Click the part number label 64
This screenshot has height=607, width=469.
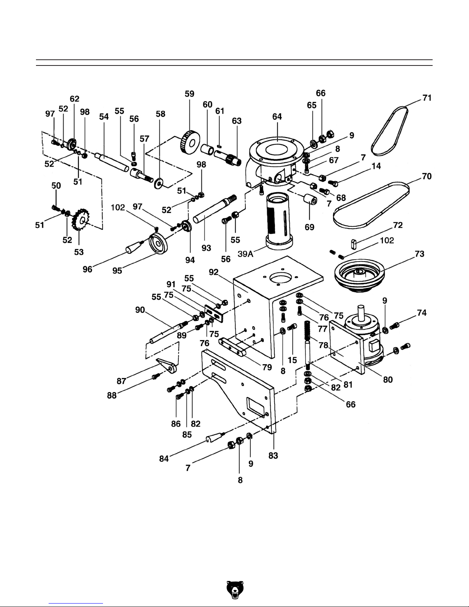pyautogui.click(x=277, y=116)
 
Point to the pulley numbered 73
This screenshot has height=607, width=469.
pyautogui.click(x=359, y=275)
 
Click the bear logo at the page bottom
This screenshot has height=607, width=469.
pyautogui.click(x=235, y=590)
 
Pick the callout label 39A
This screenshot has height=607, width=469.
pyautogui.click(x=245, y=254)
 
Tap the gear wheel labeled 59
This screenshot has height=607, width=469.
pyautogui.click(x=190, y=142)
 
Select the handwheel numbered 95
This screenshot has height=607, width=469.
pyautogui.click(x=158, y=244)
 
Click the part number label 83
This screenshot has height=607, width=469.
pyautogui.click(x=273, y=456)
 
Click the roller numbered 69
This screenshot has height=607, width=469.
pyautogui.click(x=310, y=200)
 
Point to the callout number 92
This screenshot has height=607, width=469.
pyautogui.click(x=214, y=272)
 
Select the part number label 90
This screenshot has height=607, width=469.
pyautogui.click(x=140, y=310)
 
